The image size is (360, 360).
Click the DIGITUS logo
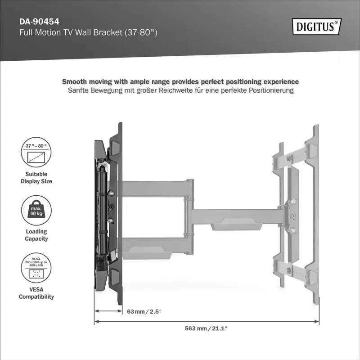click(317, 26)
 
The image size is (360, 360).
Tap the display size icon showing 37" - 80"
click(36, 153)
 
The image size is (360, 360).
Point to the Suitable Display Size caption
click(36, 177)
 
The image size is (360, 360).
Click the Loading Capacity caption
click(36, 235)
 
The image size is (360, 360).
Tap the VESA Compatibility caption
click(36, 293)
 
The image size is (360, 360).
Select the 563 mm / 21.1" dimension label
click(206, 328)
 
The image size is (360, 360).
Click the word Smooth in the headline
click(74, 82)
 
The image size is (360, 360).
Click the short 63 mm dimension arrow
click(108, 311)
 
